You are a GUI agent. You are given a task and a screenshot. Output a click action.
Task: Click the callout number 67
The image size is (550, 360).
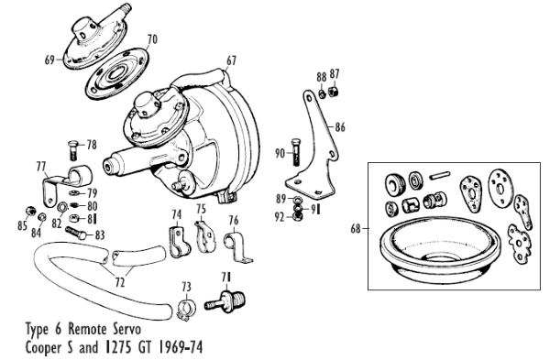coord(231,60)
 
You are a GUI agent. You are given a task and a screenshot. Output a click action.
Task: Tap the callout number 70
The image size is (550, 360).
coord(152,38)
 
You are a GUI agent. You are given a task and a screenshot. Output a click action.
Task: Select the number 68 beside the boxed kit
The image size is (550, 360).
coord(356,229)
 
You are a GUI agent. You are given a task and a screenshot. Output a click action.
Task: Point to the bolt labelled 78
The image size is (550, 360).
coord(73,150)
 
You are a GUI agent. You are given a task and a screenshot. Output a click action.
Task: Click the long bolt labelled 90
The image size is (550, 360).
coord(296,152)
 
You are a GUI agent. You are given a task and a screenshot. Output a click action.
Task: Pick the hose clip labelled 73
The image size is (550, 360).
coord(185,309)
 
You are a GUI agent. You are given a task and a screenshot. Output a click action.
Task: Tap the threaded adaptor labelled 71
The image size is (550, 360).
coord(226,301)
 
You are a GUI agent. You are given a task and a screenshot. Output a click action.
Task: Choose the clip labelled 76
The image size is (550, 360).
coord(237,246)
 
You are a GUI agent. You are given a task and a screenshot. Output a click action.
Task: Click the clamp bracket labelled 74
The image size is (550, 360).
coord(180,242)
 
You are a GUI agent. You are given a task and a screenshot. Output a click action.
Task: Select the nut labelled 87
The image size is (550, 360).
coord(333,92)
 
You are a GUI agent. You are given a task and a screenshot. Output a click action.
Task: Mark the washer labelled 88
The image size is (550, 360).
coord(322,93)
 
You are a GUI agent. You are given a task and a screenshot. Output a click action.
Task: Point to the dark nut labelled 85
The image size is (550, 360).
coord(31,212)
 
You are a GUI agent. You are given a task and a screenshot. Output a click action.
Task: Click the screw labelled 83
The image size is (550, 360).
coord(75,233)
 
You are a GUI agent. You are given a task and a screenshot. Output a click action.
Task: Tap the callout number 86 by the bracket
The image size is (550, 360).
coord(340,127)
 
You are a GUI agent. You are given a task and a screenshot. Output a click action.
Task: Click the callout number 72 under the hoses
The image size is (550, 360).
coord(119,282)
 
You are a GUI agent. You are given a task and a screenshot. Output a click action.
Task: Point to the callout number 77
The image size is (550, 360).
coord(41,166)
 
